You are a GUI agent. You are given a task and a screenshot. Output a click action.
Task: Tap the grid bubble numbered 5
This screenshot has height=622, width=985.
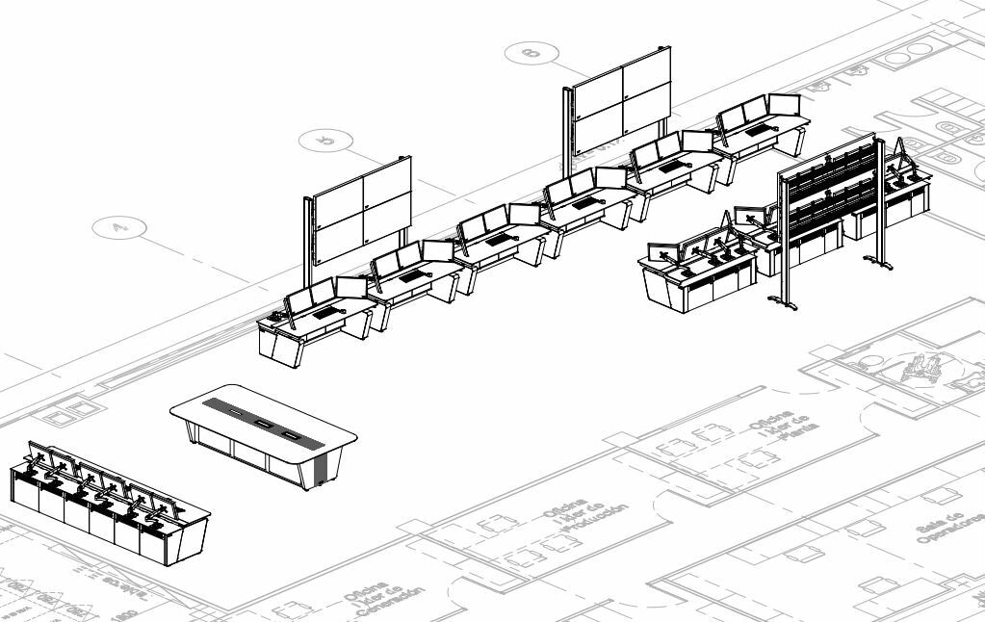(325, 142)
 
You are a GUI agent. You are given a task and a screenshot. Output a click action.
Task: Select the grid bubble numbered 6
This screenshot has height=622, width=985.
(531, 52)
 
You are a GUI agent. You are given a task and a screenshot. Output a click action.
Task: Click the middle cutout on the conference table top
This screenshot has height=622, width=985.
(262, 424)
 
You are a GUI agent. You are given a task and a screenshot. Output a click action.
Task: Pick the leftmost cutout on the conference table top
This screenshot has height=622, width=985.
(233, 413)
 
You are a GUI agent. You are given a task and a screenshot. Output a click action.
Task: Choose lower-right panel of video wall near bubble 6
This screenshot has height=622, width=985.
(646, 111)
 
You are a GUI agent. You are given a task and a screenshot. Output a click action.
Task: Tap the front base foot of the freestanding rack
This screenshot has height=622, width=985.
(782, 304)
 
